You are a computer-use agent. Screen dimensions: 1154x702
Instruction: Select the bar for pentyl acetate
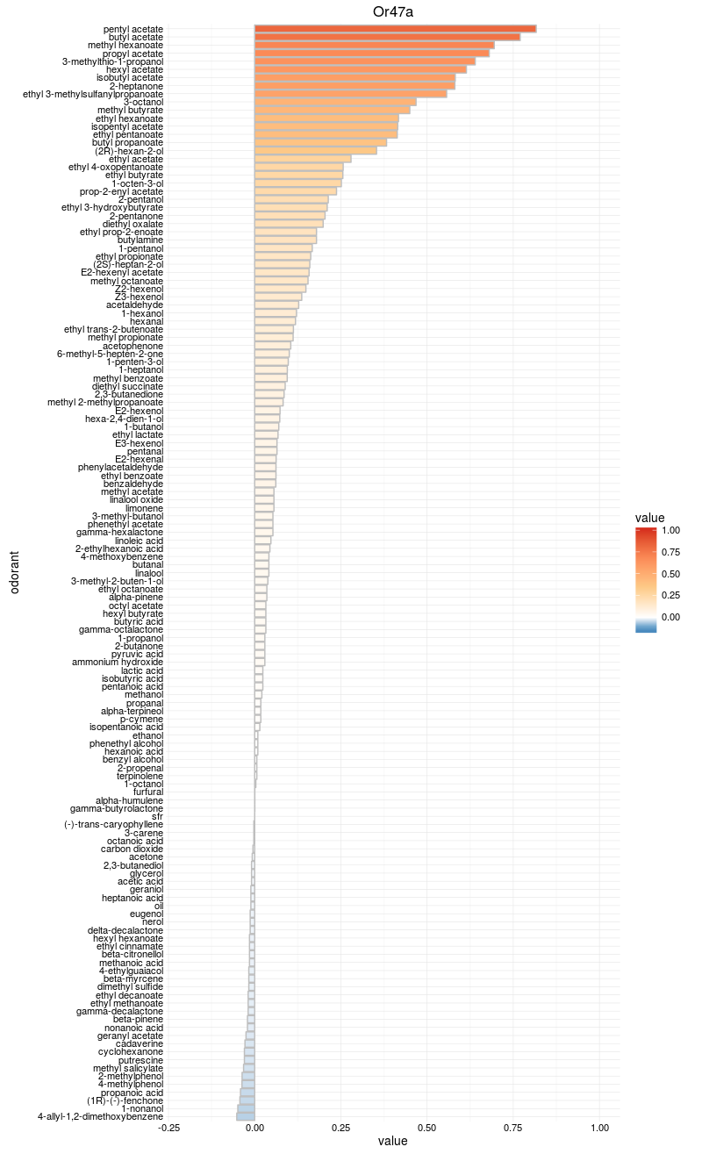click(x=395, y=29)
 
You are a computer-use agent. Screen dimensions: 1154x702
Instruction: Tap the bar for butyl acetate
click(x=387, y=37)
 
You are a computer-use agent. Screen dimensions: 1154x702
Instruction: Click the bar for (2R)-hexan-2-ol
click(x=316, y=151)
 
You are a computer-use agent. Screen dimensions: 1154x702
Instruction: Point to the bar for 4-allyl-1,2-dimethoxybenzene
click(x=246, y=1116)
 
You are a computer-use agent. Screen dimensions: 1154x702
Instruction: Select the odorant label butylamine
click(x=140, y=240)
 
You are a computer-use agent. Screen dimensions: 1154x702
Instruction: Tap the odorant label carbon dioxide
click(x=132, y=849)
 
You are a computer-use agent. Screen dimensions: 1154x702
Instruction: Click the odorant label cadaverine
click(x=140, y=1043)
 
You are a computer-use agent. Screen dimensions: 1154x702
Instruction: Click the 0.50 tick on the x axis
click(x=427, y=1128)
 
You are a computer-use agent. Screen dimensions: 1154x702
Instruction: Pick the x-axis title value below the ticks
click(x=393, y=1142)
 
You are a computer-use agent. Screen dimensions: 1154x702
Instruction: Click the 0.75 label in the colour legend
click(x=670, y=552)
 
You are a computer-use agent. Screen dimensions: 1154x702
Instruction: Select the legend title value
click(x=650, y=517)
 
